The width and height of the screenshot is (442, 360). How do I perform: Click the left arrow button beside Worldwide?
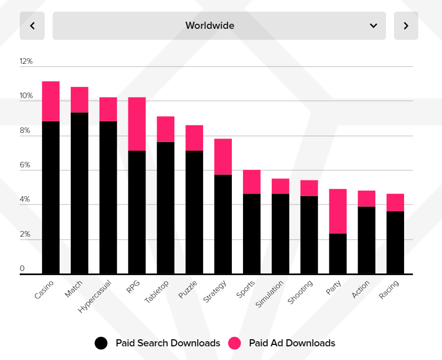(x=32, y=26)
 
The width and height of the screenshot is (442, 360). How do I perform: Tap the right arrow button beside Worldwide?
(x=406, y=26)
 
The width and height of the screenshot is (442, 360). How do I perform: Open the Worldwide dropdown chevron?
(x=373, y=26)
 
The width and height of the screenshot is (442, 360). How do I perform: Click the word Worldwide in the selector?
(x=210, y=26)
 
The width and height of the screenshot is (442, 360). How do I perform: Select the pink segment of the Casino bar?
(x=51, y=101)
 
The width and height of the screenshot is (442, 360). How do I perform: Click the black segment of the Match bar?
(x=79, y=192)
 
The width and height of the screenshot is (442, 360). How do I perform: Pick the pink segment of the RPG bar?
(x=137, y=124)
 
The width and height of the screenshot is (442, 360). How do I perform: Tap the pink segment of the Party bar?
(x=338, y=211)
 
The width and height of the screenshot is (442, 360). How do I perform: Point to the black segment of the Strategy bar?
(x=223, y=224)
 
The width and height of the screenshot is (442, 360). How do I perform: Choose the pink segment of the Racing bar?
(x=396, y=202)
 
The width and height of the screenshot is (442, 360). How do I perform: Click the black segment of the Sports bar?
(x=252, y=234)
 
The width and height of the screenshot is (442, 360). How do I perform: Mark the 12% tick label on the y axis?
(x=26, y=61)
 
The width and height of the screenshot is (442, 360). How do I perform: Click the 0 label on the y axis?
(x=22, y=268)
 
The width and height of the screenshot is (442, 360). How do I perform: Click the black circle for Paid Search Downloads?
(x=101, y=343)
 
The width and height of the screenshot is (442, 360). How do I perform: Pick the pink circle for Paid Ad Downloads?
(x=234, y=343)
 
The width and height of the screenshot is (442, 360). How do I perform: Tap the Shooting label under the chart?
(x=300, y=292)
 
